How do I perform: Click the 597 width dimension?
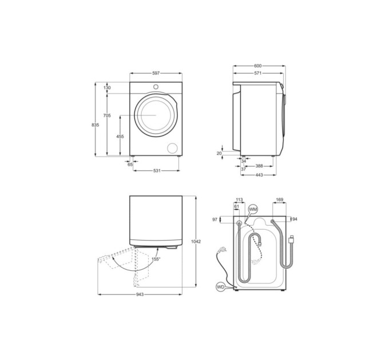[156, 73]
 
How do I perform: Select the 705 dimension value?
[106, 115]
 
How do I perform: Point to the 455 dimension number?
[120, 136]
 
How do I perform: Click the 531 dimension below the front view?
[156, 171]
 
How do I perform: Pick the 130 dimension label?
[108, 87]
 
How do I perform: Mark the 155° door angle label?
[156, 259]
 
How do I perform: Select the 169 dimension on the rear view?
[280, 200]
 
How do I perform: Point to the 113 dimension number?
[240, 200]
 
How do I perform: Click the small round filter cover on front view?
[172, 148]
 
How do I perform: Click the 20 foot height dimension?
[219, 153]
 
